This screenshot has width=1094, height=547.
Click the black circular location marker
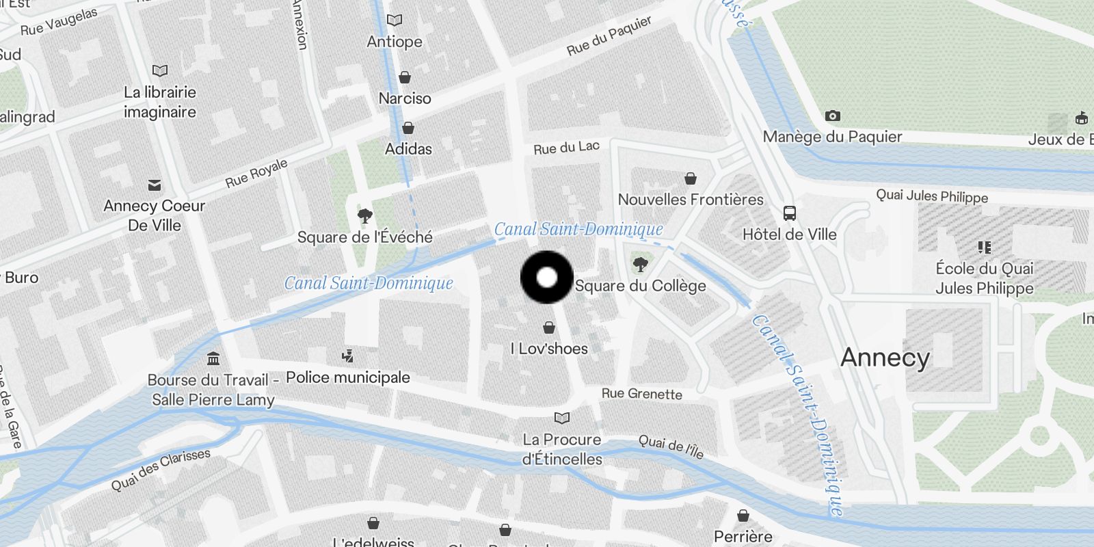tap(547, 277)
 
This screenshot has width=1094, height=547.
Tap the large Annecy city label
tap(885, 358)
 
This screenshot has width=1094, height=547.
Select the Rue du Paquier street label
tap(609, 36)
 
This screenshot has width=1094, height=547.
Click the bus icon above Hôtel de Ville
tap(790, 213)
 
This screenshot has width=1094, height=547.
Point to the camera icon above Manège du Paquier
tap(832, 116)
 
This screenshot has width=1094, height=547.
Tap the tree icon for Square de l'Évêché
tap(365, 216)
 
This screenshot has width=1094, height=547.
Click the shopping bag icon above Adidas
tap(408, 128)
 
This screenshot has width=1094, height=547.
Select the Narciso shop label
tap(405, 98)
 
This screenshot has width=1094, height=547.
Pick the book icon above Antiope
tap(395, 21)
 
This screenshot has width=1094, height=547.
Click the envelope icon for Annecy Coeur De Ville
tap(155, 185)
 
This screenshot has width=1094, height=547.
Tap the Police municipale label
tap(348, 377)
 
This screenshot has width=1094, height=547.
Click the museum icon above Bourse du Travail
tap(213, 358)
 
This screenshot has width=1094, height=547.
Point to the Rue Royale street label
tap(256, 173)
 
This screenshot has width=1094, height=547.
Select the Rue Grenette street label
tap(641, 394)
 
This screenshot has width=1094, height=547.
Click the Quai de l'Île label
tap(670, 446)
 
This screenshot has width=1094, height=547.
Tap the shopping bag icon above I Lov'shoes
tap(549, 328)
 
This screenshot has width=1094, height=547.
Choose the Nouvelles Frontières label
tap(691, 200)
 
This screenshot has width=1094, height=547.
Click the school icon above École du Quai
tap(985, 247)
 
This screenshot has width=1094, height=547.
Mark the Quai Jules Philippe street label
tap(932, 196)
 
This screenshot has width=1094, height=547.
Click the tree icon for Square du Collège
tap(640, 264)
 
